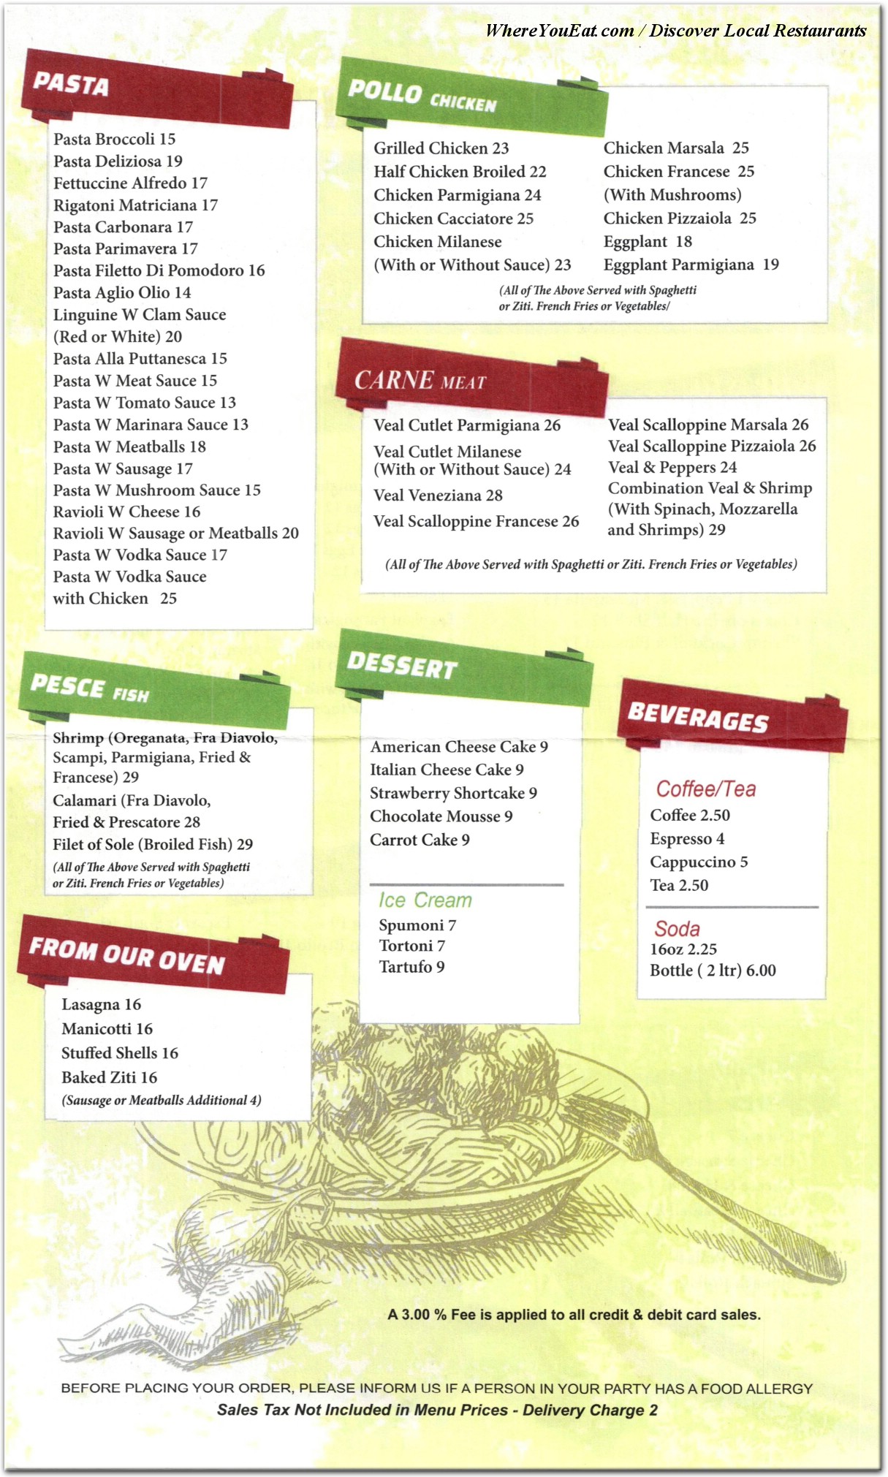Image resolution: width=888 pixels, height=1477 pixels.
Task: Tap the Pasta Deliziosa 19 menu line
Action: tap(118, 161)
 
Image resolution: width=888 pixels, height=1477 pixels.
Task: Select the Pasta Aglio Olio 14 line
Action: tap(122, 292)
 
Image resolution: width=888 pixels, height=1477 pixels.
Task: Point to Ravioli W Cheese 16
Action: tap(126, 512)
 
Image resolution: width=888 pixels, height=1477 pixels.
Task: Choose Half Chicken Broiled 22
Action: tap(460, 172)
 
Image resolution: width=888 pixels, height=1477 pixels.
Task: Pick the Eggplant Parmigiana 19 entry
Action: tap(691, 265)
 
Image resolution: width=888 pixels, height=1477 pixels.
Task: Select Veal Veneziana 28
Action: tap(438, 496)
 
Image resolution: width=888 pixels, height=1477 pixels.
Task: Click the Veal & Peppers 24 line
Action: tap(672, 467)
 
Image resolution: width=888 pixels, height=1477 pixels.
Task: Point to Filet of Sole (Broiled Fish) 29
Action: tap(153, 844)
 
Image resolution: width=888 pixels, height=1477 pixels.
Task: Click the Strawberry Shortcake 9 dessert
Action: tap(453, 793)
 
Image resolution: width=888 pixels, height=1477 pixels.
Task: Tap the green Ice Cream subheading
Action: tap(425, 900)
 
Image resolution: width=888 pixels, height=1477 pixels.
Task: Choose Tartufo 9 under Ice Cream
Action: tap(411, 967)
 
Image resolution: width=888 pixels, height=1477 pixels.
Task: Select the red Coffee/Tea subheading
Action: tap(705, 789)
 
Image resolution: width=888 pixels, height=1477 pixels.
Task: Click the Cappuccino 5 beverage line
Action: tap(699, 862)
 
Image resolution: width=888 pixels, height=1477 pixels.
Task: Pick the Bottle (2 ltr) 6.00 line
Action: tap(713, 971)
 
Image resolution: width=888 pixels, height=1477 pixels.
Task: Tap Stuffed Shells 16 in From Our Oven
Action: tap(120, 1053)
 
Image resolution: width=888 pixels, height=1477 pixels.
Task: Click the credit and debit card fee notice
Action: tap(574, 1315)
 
